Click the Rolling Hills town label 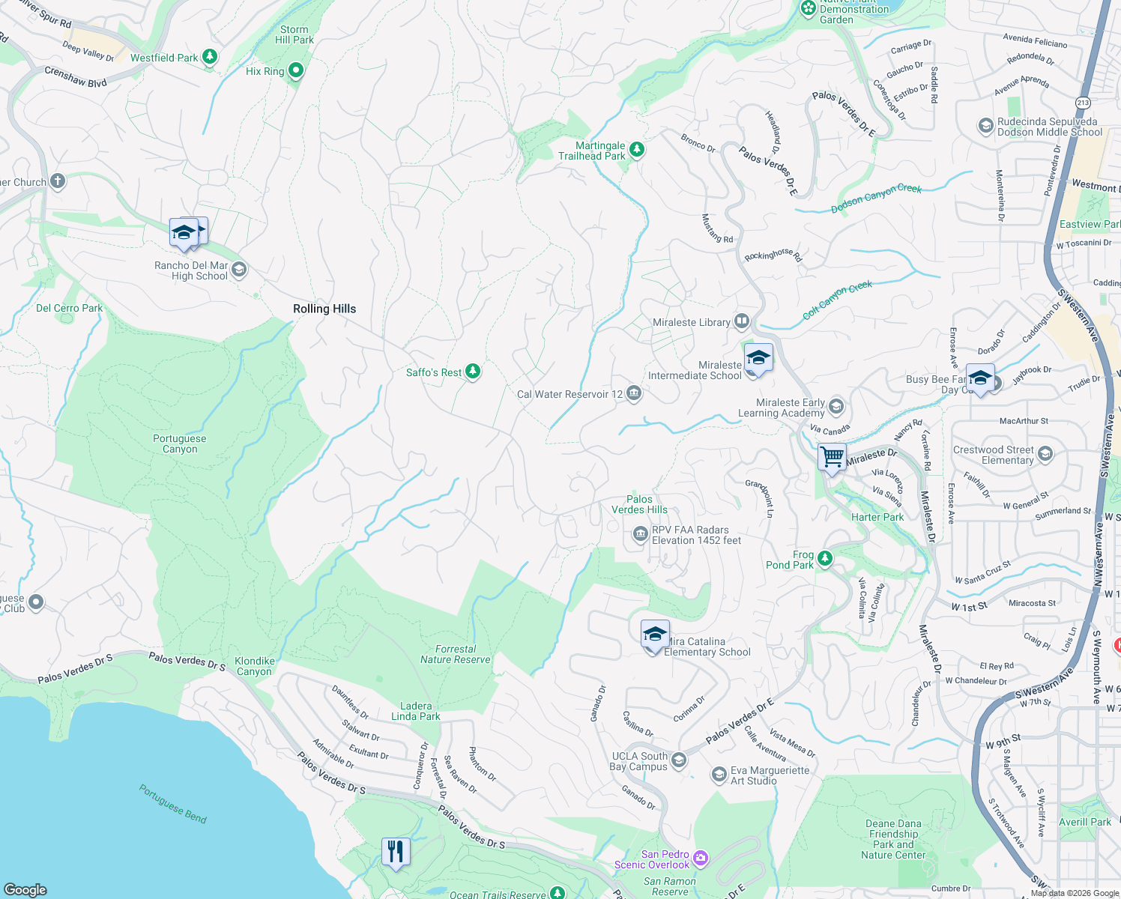(x=324, y=309)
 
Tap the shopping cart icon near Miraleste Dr (x=832, y=456)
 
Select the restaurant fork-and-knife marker (x=396, y=851)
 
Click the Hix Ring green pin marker (x=296, y=71)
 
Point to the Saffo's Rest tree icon (x=473, y=372)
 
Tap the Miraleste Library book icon (x=742, y=322)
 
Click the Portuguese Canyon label (x=180, y=444)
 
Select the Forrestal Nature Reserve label (x=456, y=654)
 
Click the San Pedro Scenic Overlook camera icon (x=701, y=858)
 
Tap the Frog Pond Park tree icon (x=825, y=558)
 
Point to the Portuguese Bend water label (x=173, y=803)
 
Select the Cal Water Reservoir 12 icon (x=634, y=393)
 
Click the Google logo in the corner (x=25, y=889)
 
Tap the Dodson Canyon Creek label (x=876, y=199)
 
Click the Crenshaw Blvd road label (x=75, y=76)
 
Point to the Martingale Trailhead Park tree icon (x=637, y=150)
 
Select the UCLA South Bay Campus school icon (x=679, y=760)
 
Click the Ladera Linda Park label (x=416, y=711)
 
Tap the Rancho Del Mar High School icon (x=239, y=270)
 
